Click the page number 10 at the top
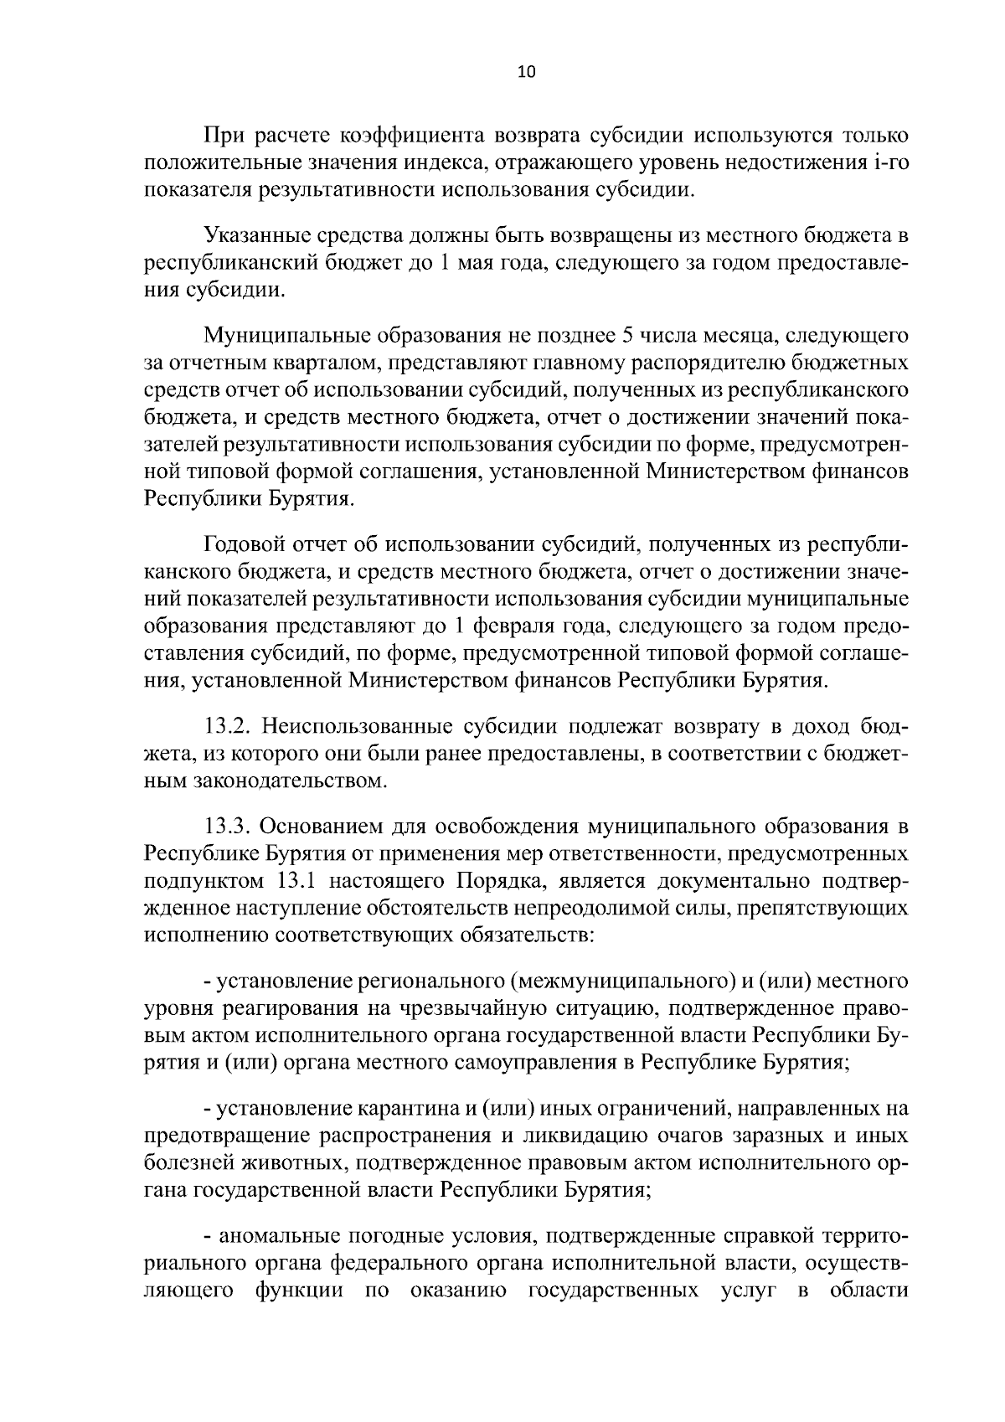[526, 72]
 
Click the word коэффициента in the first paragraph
[413, 136]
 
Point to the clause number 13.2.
[227, 726]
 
